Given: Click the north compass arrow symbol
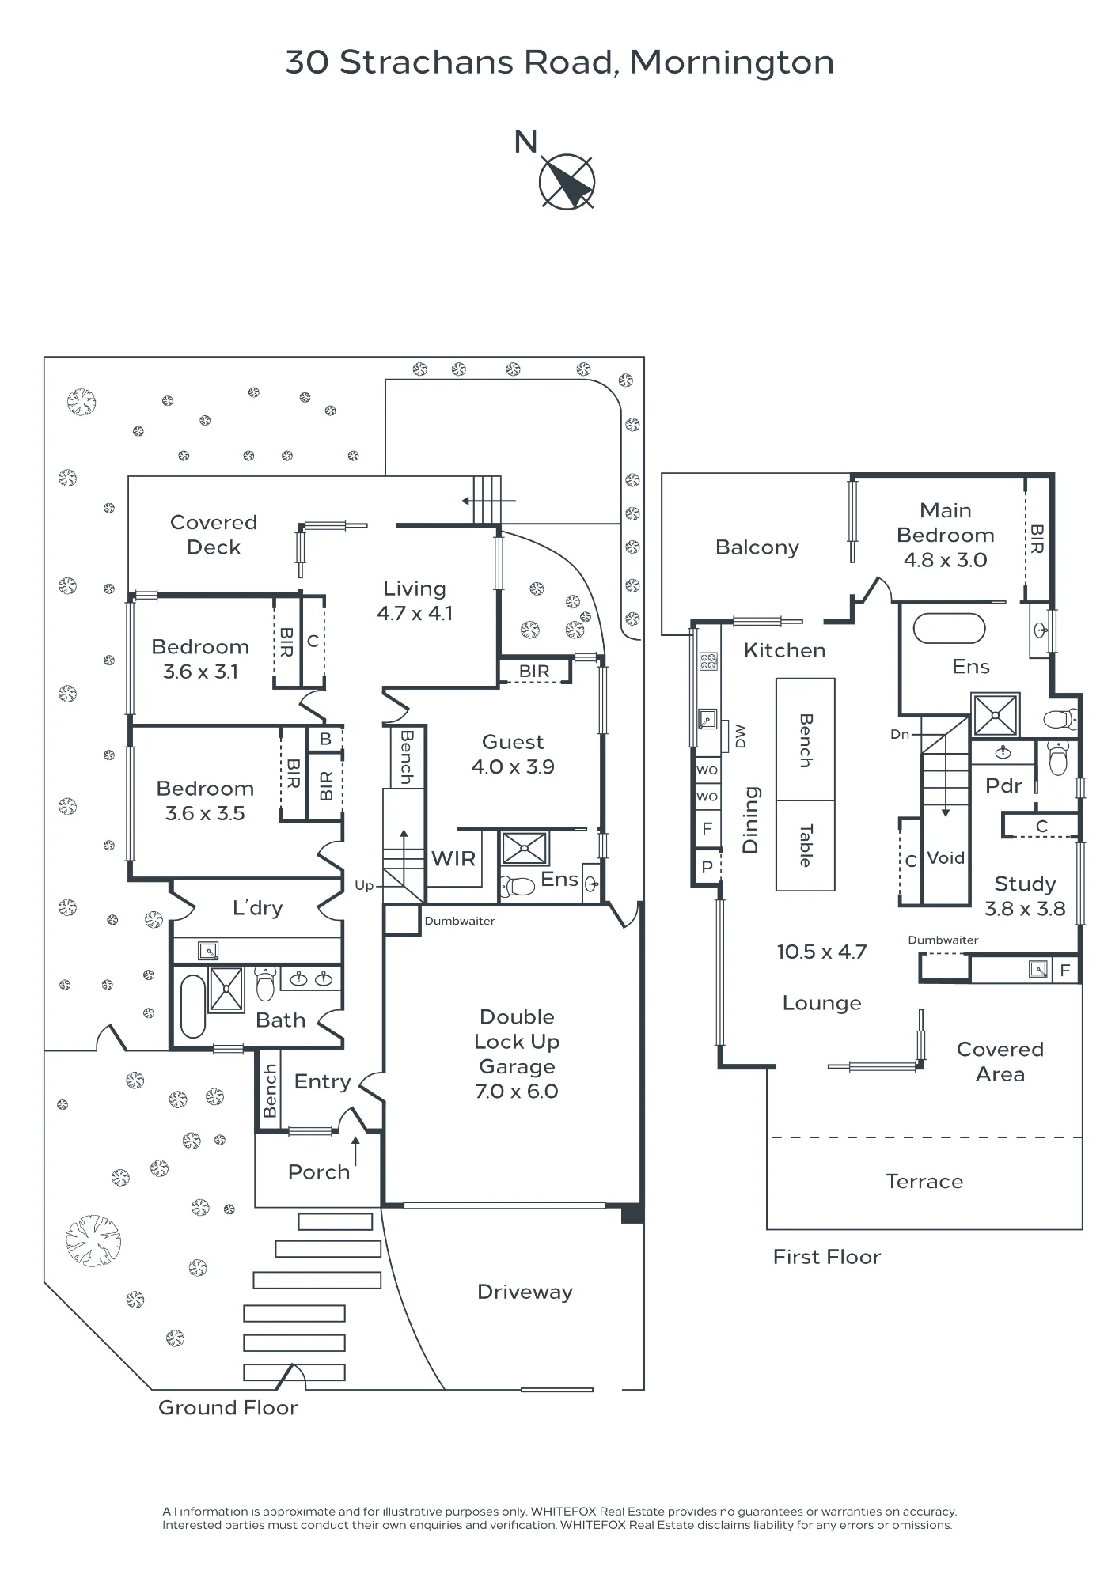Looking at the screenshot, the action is [567, 182].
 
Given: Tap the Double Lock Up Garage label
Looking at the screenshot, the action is [517, 1054].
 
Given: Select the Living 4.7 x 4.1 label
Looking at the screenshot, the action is [415, 600].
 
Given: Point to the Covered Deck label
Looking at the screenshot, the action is [214, 535].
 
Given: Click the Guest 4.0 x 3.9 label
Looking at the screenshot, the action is [513, 754].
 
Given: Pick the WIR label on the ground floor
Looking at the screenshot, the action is [453, 858].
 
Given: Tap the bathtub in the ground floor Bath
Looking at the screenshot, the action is [193, 1006].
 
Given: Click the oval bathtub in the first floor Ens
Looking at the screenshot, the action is [949, 629].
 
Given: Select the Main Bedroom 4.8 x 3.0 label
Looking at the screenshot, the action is [946, 535].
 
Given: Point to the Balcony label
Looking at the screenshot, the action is [757, 547].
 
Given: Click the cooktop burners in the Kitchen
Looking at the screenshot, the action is [708, 660].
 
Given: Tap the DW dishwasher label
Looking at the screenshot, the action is [741, 736].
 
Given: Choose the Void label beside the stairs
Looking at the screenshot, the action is [946, 857].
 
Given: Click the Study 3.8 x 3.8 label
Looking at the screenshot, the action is [1025, 895].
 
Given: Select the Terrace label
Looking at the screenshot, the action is [924, 1181].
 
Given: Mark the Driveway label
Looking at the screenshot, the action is [525, 1292].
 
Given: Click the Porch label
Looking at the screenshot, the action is [319, 1171].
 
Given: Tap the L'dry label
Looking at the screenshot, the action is [257, 908].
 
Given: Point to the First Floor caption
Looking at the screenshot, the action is [827, 1257].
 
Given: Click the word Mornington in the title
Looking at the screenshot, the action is [732, 63].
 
